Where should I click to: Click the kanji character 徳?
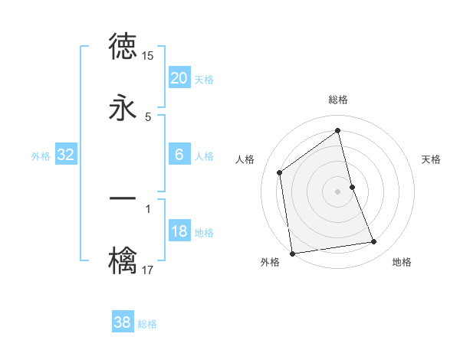[x=123, y=47]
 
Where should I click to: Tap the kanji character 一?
[x=123, y=199]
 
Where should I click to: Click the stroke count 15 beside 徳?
[x=148, y=56]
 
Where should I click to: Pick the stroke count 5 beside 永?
[x=148, y=116]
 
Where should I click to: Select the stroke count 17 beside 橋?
[x=148, y=270]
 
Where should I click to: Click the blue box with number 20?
[x=179, y=78]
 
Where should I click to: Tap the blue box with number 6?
[x=179, y=155]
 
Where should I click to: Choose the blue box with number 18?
[x=179, y=231]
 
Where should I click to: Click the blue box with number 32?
[x=66, y=155]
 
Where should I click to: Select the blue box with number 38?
[x=123, y=322]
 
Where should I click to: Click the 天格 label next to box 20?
[x=204, y=79]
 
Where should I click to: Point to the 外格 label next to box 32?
[x=41, y=155]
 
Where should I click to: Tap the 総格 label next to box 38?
[x=147, y=323]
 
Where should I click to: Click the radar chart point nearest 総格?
[x=337, y=131]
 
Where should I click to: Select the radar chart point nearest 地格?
[x=374, y=242]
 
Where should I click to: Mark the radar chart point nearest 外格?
[x=292, y=253]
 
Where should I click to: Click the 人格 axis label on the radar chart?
[x=245, y=159]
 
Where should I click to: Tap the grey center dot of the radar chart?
[x=337, y=191]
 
